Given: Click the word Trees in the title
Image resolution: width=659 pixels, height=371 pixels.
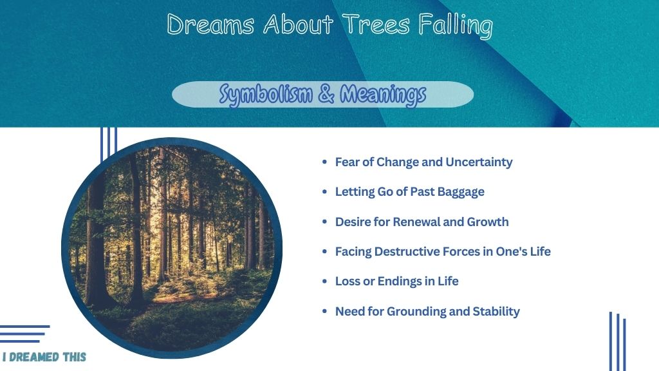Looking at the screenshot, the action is [x=375, y=24].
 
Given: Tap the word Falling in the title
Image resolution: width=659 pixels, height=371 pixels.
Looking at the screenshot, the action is [x=456, y=25].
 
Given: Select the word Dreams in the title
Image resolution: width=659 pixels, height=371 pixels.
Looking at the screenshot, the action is [x=210, y=24].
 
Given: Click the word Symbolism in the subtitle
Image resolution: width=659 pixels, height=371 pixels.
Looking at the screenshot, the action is [x=266, y=94].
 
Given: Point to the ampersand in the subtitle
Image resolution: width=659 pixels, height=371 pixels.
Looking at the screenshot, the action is [x=326, y=94].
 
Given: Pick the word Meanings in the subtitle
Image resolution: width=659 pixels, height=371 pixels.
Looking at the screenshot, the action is [x=383, y=94].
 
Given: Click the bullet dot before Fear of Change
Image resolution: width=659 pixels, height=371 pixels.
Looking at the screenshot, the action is [x=324, y=162].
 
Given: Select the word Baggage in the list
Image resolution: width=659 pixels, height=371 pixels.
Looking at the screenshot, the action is [x=461, y=192].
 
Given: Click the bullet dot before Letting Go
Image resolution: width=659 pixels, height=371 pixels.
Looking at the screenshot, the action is [x=324, y=192].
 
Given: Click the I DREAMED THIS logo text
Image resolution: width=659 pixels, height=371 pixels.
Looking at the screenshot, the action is [x=44, y=357].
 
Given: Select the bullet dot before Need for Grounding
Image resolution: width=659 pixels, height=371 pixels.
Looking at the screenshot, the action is [x=324, y=311].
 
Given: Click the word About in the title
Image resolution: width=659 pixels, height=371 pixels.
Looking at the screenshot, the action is [x=298, y=24].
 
